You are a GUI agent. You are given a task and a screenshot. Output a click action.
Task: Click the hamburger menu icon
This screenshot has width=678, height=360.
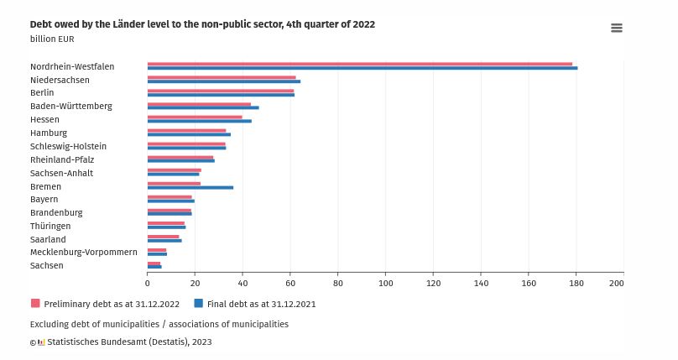(617, 28)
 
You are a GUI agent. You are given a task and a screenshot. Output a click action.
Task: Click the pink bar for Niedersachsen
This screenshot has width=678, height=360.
(222, 77)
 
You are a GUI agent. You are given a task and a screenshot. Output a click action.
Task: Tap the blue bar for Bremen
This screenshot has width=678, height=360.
(190, 188)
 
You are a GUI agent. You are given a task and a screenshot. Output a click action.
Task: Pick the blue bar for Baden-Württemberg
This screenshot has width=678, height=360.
(203, 107)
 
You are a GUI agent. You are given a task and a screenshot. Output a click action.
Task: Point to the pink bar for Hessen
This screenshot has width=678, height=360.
(195, 117)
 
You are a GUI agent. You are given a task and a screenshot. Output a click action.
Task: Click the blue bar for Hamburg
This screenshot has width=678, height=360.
(189, 134)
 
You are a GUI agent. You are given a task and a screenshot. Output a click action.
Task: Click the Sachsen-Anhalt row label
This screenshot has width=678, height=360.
(61, 173)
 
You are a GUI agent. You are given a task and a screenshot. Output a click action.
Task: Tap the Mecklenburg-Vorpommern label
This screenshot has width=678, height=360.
(84, 252)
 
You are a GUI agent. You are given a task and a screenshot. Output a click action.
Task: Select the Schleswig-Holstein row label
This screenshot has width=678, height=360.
(68, 146)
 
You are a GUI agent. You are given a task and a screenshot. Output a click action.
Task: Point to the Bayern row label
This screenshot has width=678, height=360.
(44, 200)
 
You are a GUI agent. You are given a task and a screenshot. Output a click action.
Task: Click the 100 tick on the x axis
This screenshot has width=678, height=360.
(385, 284)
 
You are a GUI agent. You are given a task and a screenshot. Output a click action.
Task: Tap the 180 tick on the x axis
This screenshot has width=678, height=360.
(576, 284)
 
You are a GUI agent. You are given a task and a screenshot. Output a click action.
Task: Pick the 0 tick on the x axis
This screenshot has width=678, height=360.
(148, 284)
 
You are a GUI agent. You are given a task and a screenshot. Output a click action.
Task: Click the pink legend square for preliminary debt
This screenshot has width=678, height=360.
(35, 304)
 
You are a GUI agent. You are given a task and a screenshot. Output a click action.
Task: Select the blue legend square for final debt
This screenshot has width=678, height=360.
(199, 304)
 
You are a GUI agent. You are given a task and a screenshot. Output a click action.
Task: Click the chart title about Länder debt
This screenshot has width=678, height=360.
(202, 24)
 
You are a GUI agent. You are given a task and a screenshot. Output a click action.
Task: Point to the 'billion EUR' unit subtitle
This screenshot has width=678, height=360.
(52, 39)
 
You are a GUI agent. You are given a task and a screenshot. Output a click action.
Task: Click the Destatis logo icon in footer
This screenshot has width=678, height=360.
(41, 342)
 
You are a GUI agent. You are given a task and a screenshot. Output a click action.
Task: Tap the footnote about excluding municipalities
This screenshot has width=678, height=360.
(159, 324)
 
